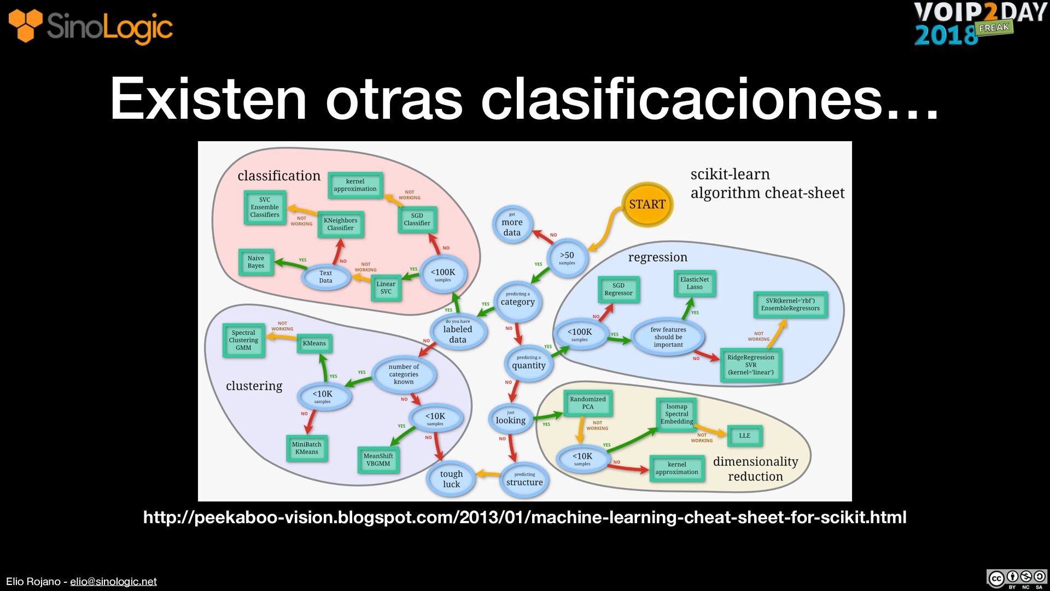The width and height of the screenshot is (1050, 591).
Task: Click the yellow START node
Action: pyautogui.click(x=647, y=205)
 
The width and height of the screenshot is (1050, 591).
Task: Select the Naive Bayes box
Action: pyautogui.click(x=256, y=262)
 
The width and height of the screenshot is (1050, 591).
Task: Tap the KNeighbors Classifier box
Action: pyautogui.click(x=340, y=224)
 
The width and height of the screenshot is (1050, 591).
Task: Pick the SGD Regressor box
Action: pyautogui.click(x=618, y=289)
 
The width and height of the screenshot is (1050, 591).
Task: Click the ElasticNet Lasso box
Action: pyautogui.click(x=694, y=283)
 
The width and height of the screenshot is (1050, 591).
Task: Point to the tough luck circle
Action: pyautogui.click(x=451, y=479)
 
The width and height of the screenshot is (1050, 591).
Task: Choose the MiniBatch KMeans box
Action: pyautogui.click(x=306, y=448)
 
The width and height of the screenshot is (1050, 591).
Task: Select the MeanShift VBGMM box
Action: pyautogui.click(x=378, y=460)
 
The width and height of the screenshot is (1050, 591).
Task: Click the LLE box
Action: pyautogui.click(x=744, y=436)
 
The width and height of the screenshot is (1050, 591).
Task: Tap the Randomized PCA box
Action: pyautogui.click(x=588, y=403)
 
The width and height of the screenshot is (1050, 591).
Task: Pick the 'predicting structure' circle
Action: pyautogui.click(x=524, y=479)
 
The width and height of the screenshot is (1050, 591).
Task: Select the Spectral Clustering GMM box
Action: pyautogui.click(x=243, y=340)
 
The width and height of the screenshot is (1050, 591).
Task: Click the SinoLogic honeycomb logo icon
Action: pyautogui.click(x=25, y=25)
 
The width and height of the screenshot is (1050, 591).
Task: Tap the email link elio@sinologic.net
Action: pyautogui.click(x=113, y=581)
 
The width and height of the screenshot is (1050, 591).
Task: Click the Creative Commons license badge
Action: pyautogui.click(x=1016, y=579)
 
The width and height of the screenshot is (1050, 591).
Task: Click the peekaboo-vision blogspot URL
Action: pyautogui.click(x=524, y=517)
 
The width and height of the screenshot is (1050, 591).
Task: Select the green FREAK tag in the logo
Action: pyautogui.click(x=994, y=28)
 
